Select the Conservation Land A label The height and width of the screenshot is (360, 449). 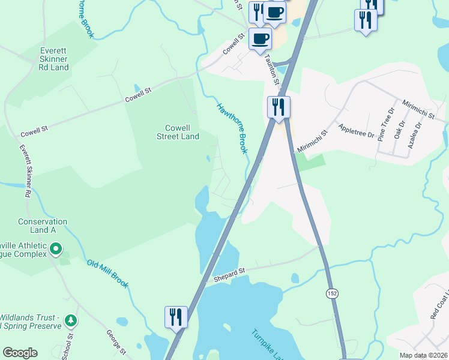pyautogui.click(x=42, y=226)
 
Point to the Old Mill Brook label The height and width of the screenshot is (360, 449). pyautogui.click(x=107, y=274)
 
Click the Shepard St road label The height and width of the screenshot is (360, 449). pyautogui.click(x=229, y=275)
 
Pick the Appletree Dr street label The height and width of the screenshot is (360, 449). pyautogui.click(x=356, y=128)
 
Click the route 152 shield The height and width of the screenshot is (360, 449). pyautogui.click(x=332, y=293)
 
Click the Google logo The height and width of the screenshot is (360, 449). pyautogui.click(x=20, y=353)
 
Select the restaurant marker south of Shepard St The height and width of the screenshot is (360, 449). pyautogui.click(x=176, y=316)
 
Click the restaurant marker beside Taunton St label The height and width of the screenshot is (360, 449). pyautogui.click(x=279, y=107)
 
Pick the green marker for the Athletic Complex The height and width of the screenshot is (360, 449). pyautogui.click(x=56, y=248)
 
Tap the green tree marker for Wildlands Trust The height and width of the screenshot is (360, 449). pyautogui.click(x=71, y=321)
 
